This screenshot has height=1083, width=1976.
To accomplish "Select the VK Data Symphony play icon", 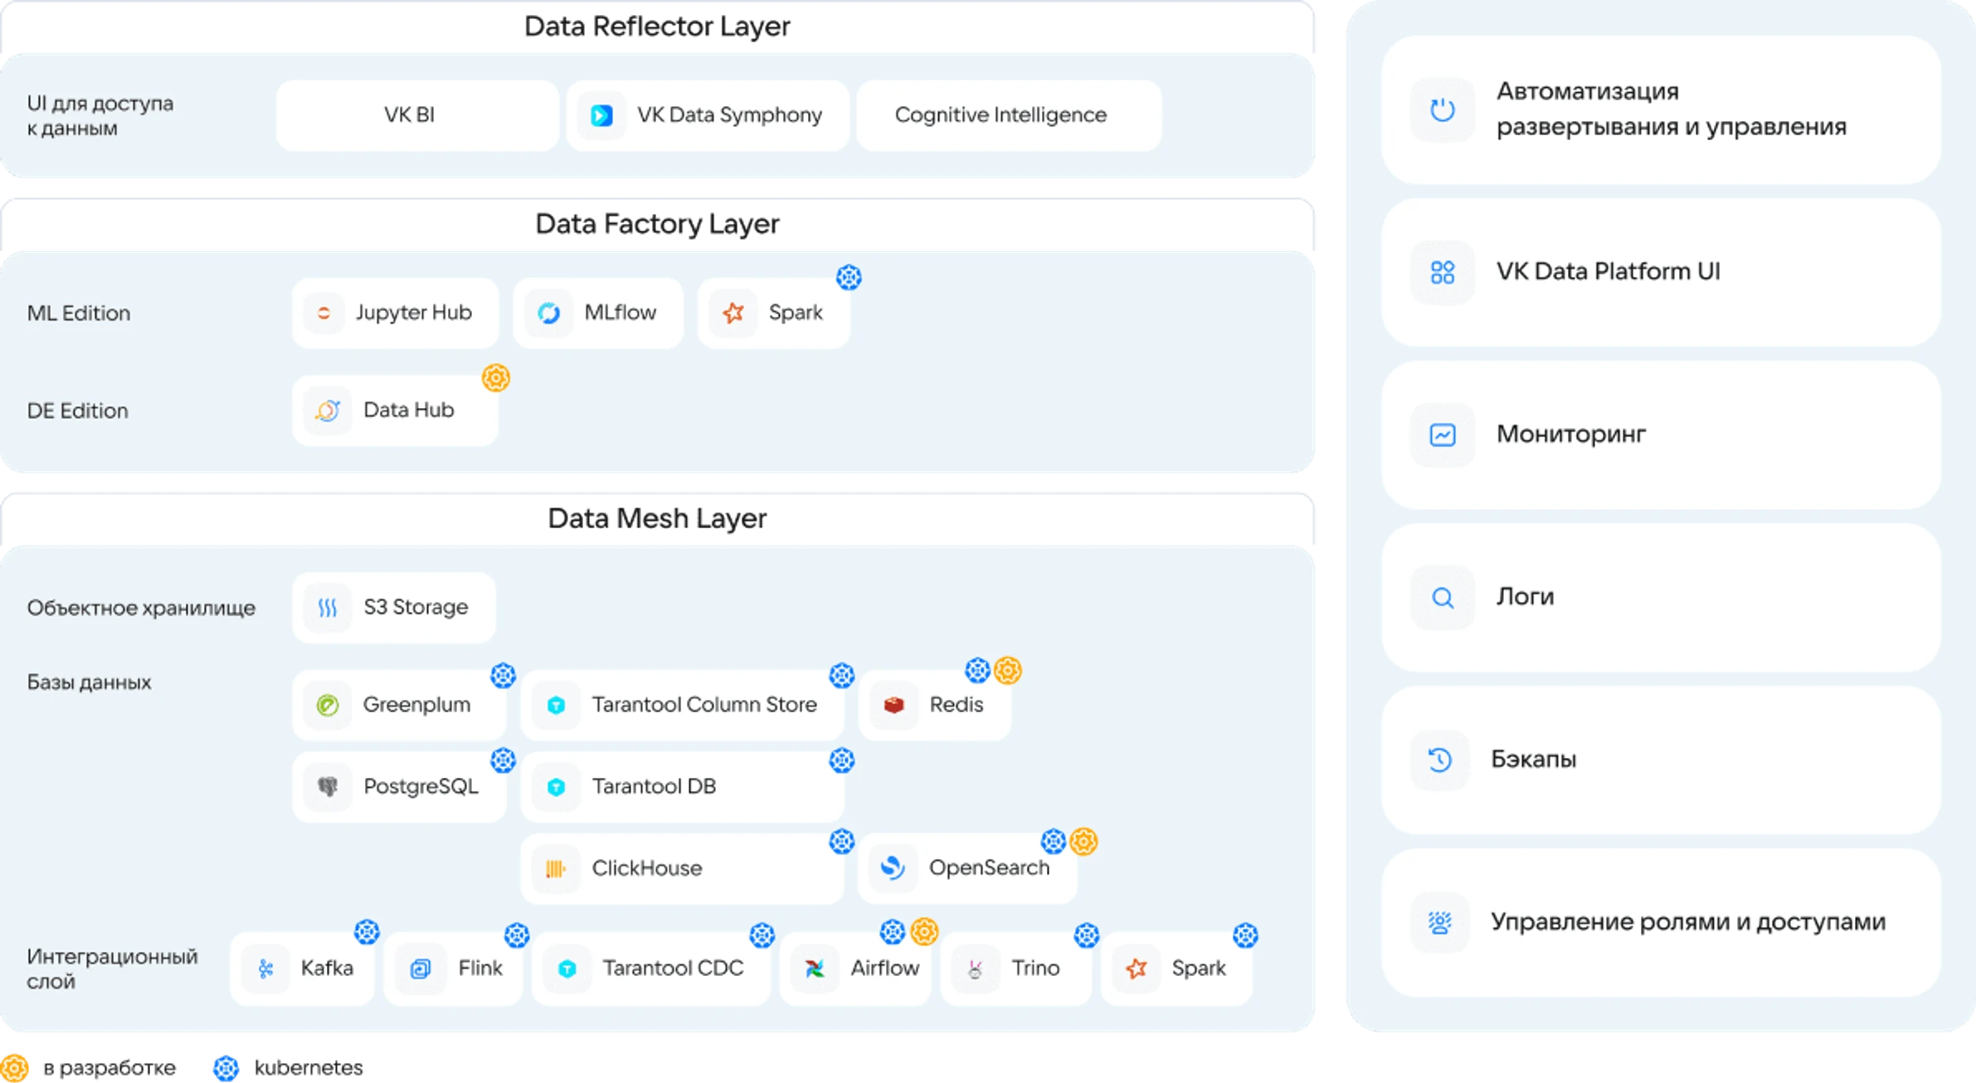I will click(601, 115).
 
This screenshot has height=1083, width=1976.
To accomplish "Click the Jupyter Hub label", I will click(413, 313).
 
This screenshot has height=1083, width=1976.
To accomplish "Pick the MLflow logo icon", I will click(548, 313).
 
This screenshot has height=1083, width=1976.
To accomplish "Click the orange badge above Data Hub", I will click(495, 378).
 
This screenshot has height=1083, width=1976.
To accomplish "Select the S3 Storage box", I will click(394, 608).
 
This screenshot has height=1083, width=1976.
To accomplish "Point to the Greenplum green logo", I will click(328, 705).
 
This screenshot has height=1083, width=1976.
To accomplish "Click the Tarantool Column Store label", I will click(703, 705).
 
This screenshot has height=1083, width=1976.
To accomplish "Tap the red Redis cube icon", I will click(893, 705).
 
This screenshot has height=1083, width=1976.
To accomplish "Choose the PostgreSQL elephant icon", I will click(328, 786).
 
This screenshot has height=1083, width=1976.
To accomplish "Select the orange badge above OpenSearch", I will click(1083, 842).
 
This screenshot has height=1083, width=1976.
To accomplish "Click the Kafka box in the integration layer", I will click(302, 969).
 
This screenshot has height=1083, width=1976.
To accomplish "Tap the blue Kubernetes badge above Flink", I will click(517, 935).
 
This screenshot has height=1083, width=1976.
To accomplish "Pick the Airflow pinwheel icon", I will click(815, 969).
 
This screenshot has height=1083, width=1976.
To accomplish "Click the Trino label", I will click(1035, 969).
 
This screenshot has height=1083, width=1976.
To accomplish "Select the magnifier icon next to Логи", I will click(1443, 598).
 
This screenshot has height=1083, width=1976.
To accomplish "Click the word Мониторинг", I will click(1570, 435).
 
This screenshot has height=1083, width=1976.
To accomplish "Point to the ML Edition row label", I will click(79, 313).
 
